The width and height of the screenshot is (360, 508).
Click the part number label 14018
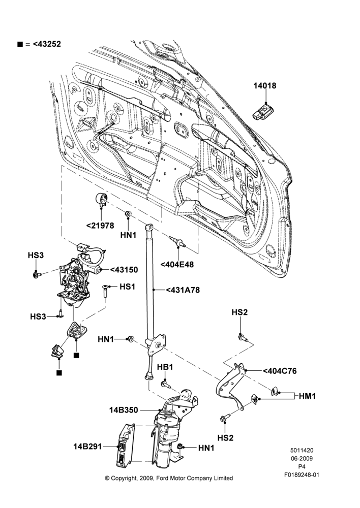pos(264,85)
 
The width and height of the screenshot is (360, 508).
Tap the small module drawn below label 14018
pos(264,112)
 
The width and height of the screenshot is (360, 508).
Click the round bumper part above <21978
pos(101,199)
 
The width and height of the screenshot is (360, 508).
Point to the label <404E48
pos(177,264)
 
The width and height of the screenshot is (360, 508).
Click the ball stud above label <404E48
pos(177,242)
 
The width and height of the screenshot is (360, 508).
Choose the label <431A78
pos(183,290)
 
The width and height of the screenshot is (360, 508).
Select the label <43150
pos(124,270)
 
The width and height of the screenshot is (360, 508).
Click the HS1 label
pos(128,287)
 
